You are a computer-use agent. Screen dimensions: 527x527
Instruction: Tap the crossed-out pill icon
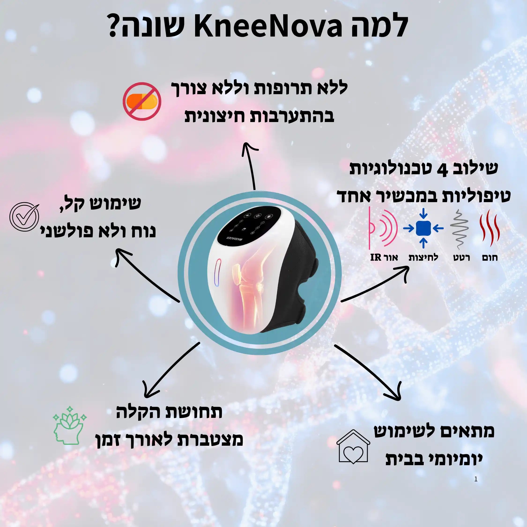(x=141, y=101)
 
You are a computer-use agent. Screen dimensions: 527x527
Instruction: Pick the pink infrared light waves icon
(x=382, y=228)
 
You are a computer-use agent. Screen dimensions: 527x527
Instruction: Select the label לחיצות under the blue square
(x=423, y=257)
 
